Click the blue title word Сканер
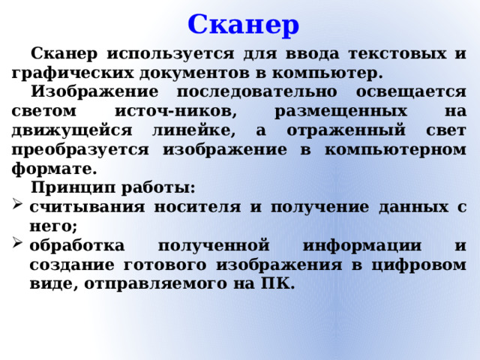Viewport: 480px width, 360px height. coord(244,25)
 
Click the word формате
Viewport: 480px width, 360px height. coord(53,167)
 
